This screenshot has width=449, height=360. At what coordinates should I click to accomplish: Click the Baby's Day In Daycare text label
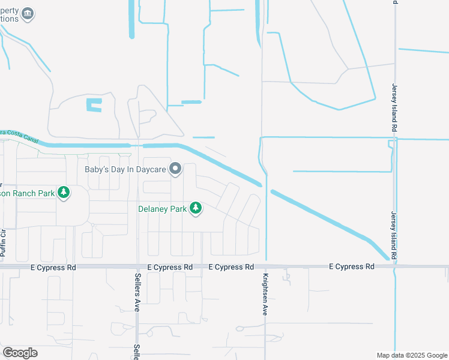tap(125, 169)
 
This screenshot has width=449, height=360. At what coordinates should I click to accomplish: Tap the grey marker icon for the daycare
tap(175, 169)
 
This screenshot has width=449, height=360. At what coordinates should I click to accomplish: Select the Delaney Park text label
tap(162, 209)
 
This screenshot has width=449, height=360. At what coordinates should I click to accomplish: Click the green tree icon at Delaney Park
tap(195, 208)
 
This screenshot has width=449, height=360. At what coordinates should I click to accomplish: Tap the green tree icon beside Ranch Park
tap(63, 193)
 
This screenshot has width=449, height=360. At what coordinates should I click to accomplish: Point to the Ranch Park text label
tap(27, 193)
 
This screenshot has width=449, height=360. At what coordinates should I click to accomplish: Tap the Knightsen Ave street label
tap(264, 295)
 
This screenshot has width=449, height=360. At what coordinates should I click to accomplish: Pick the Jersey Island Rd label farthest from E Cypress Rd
tap(394, 107)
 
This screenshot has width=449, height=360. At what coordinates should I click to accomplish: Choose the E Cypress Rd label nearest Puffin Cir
tap(53, 267)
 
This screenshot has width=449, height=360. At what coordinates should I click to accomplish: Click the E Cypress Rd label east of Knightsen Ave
tap(354, 266)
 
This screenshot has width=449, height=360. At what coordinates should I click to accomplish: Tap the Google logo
tap(20, 353)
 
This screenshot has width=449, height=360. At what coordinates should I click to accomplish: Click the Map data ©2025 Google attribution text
tap(411, 355)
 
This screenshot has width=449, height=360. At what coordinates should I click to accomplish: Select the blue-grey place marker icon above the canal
tap(28, 13)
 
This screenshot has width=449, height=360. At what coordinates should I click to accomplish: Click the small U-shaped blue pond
tap(94, 105)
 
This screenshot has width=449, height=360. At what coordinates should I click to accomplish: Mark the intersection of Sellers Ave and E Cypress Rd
tap(137, 266)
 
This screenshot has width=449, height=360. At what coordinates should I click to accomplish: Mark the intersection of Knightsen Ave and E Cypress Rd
tap(265, 266)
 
